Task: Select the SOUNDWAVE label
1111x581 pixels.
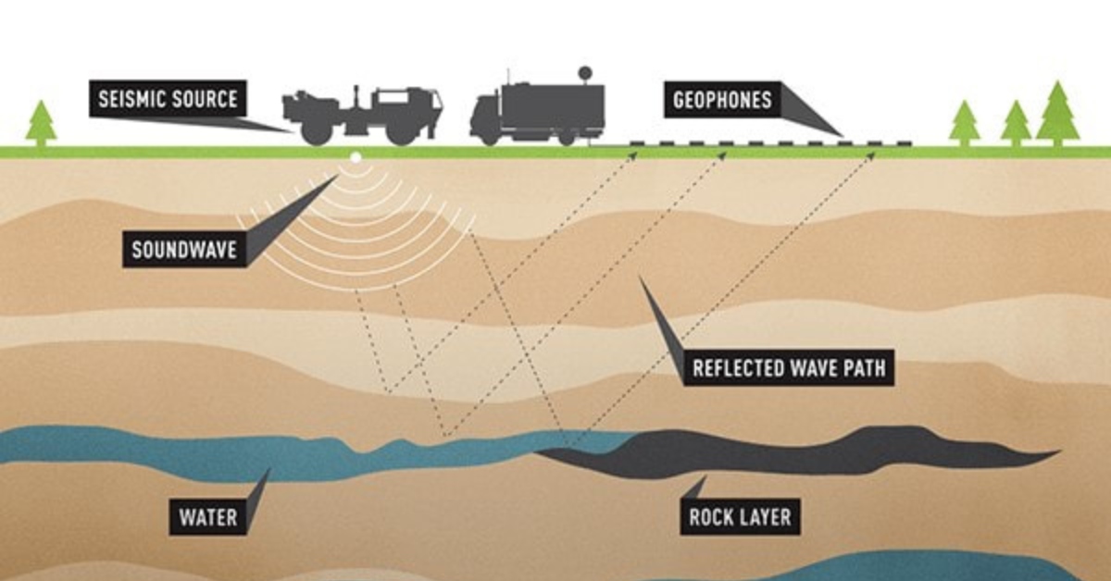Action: tap(184, 249)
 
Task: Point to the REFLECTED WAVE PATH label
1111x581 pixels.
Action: tap(789, 368)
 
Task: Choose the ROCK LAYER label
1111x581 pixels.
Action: tap(740, 517)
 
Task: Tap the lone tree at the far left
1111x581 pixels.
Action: tap(42, 122)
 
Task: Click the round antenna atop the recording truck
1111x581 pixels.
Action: tap(583, 71)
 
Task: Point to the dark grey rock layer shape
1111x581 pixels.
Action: tap(796, 453)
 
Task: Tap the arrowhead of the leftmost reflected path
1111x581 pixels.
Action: tap(634, 155)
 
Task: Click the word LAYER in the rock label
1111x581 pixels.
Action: tap(764, 517)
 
